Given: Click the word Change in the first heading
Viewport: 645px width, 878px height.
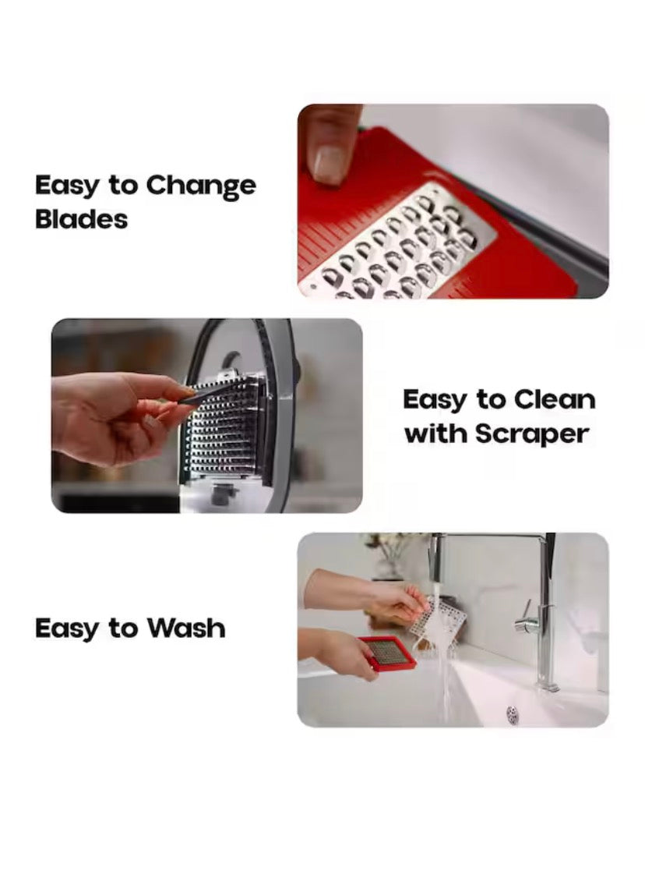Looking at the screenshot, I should (201, 187).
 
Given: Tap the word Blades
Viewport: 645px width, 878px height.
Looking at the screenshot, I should (81, 219).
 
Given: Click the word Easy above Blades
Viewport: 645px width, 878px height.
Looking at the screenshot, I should (68, 187).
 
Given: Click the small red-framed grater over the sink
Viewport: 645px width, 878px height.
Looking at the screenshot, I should (387, 653).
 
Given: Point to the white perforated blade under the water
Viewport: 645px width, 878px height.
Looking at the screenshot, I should (439, 620).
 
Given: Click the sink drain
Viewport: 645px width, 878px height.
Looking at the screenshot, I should (513, 711).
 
